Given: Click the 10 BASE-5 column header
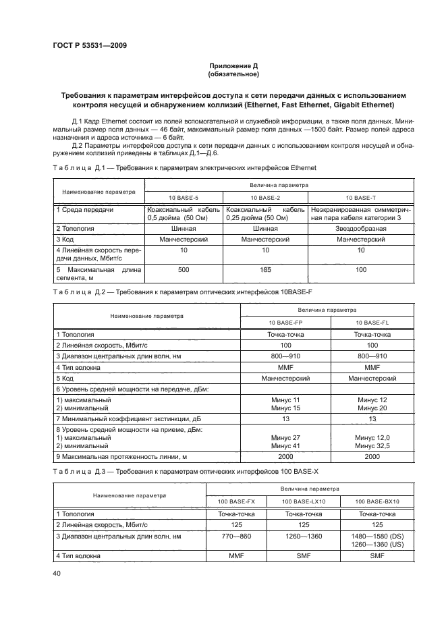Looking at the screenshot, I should pyautogui.click(x=184, y=197).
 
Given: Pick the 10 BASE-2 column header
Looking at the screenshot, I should pyautogui.click(x=264, y=197).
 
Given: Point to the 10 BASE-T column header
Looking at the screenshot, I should pyautogui.click(x=360, y=197).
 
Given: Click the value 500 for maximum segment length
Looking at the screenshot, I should pyautogui.click(x=184, y=269).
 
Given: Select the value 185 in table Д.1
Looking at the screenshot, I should pyautogui.click(x=264, y=269).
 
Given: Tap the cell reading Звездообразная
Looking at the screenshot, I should pyautogui.click(x=360, y=228).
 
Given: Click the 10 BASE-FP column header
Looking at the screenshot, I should pyautogui.click(x=285, y=323).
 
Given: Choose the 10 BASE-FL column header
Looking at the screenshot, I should pyautogui.click(x=372, y=323).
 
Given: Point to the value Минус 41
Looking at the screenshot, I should pyautogui.click(x=285, y=446).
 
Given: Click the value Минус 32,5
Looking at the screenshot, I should pyautogui.click(x=372, y=446).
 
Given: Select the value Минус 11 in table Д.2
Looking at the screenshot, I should pyautogui.click(x=285, y=400).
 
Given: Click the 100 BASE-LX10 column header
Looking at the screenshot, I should pyautogui.click(x=304, y=502).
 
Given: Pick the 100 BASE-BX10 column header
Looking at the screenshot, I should pyautogui.click(x=378, y=502).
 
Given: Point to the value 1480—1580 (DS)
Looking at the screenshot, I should pyautogui.click(x=378, y=536).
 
